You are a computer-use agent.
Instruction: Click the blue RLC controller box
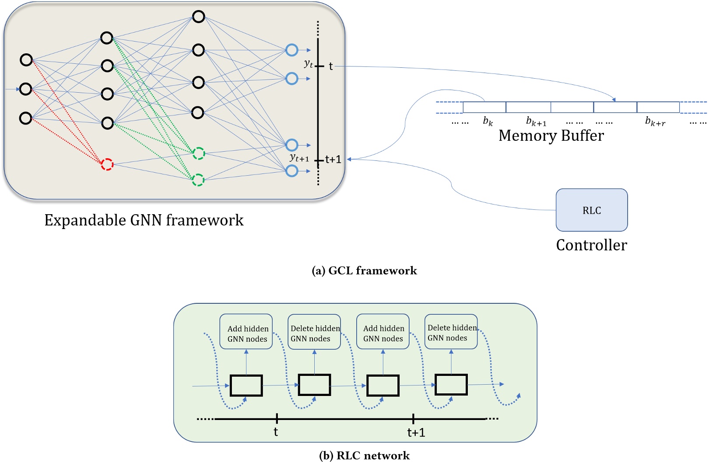pos(591,210)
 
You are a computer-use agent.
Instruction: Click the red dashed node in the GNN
pos(107,164)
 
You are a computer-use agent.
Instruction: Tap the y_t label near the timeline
pos(309,64)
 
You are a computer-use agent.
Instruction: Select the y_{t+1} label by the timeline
pos(299,158)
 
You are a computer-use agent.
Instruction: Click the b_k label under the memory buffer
pos(488,121)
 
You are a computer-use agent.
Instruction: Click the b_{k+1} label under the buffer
pos(536,121)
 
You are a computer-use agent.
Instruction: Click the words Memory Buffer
pos(551,135)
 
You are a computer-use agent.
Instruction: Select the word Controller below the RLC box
pos(591,245)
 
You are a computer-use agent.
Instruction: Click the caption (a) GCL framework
pos(364,271)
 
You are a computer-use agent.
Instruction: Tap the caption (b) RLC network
pos(364,455)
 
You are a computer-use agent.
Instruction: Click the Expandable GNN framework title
pos(144,220)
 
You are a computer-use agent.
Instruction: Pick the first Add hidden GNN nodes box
pos(246,332)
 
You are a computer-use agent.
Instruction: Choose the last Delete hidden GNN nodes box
pos(451,332)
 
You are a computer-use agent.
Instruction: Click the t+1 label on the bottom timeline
pos(416,432)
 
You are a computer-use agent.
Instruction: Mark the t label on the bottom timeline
pos(276,432)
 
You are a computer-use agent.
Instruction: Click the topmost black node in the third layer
pos(199,17)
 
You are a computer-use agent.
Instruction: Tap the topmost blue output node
pos(292,50)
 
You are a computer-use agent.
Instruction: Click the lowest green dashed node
pos(198,180)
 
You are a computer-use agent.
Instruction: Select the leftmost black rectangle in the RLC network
pos(246,386)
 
